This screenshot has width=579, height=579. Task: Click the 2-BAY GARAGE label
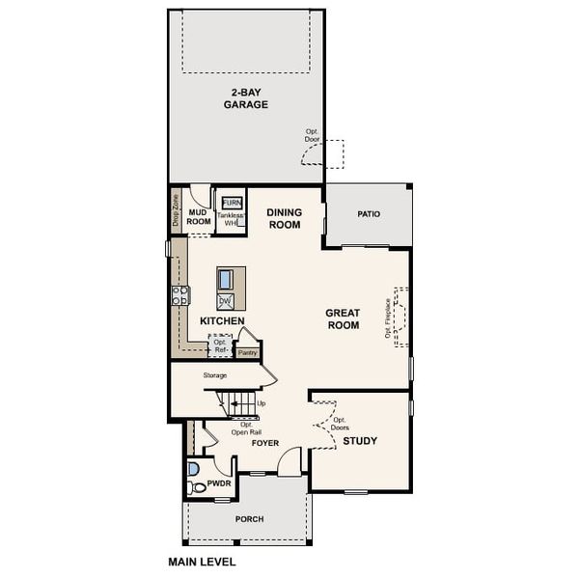tap(245, 97)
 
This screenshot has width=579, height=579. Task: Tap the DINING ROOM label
tap(284, 219)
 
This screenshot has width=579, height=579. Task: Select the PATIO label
tap(368, 214)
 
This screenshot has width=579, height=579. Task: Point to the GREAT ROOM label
tap(342, 319)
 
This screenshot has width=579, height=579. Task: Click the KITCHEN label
tap(222, 320)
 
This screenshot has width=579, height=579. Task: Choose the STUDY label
tap(360, 441)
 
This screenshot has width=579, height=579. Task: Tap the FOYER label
tap(265, 444)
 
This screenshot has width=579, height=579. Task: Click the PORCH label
tap(249, 519)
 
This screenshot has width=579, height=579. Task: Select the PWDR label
tap(219, 482)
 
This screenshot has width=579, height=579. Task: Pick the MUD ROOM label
tap(199, 216)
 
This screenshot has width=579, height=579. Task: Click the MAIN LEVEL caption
tap(202, 561)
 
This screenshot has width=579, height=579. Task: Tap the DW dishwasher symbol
tap(225, 301)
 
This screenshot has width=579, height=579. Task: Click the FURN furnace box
tap(232, 203)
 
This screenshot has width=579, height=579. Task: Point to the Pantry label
tap(248, 353)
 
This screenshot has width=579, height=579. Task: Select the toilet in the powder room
tap(197, 487)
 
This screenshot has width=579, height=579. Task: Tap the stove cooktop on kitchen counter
tap(179, 296)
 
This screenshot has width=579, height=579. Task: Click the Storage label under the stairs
tap(215, 374)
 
